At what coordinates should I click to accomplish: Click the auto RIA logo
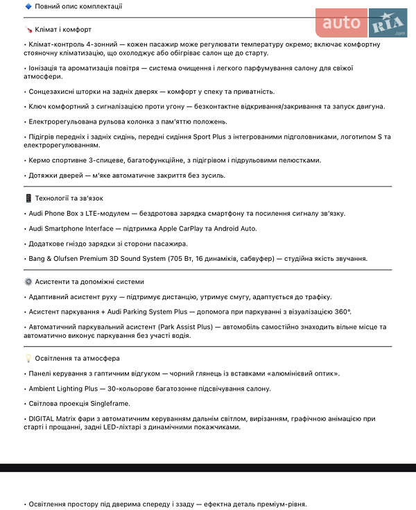pyautogui.click(x=361, y=23)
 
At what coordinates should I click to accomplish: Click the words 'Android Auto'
pyautogui.click(x=234, y=228)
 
